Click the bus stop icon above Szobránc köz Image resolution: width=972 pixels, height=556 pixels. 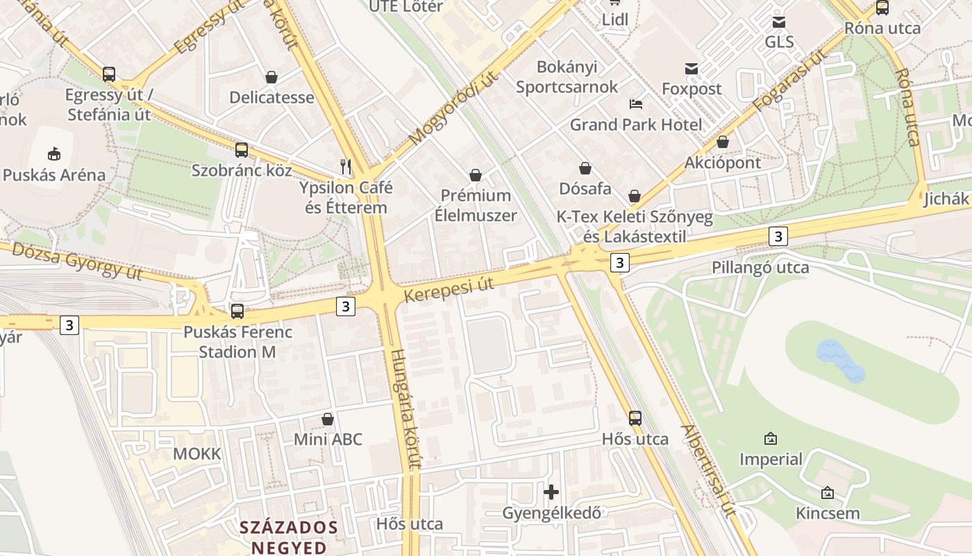[x=242, y=149]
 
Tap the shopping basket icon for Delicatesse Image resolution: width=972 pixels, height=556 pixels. [x=271, y=77]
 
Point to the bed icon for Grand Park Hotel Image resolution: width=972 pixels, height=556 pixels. [x=636, y=104]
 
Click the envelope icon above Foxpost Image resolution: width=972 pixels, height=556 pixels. [x=692, y=68]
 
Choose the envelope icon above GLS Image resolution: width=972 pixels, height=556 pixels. [x=779, y=22]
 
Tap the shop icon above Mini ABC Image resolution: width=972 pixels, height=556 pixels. [x=328, y=419]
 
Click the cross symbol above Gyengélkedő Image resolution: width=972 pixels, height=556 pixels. [x=551, y=492]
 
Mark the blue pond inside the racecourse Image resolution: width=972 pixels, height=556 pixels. [x=841, y=360]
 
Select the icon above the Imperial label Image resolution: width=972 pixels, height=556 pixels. [x=770, y=439]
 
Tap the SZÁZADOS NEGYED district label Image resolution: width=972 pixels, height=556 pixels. [x=289, y=537]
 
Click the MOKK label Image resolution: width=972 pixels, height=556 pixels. [x=196, y=454]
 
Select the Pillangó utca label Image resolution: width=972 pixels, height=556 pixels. [x=760, y=268]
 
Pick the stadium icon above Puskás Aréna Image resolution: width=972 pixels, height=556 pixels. [x=54, y=154]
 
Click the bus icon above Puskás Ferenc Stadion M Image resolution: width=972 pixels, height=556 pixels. [x=237, y=311]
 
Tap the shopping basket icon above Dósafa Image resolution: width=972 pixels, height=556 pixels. [x=585, y=168]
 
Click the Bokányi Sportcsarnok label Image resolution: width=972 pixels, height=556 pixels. [x=567, y=77]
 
